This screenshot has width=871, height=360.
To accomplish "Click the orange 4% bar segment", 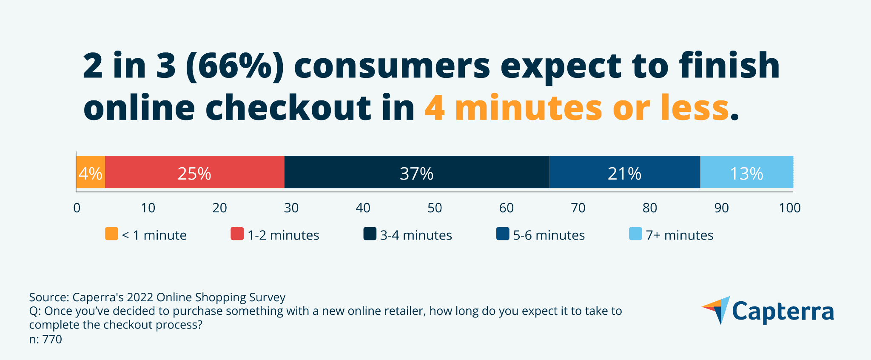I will point(91,172).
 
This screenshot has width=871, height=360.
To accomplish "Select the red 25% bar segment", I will point(194,172).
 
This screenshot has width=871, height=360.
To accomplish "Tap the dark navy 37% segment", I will point(416,172).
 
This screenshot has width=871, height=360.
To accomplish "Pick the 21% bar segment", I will point(624,172).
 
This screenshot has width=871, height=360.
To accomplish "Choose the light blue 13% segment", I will point(746,172).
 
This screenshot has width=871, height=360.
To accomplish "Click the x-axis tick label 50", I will point(435,208).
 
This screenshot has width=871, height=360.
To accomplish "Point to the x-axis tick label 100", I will point(790,208).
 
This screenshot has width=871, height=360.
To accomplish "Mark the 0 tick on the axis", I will point(77,208).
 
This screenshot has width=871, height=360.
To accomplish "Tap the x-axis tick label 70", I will point(578,208).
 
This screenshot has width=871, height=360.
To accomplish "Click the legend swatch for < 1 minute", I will point(111,234).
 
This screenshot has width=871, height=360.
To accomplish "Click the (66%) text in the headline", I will point(235,66).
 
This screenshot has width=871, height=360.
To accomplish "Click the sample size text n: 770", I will point(46,340).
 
